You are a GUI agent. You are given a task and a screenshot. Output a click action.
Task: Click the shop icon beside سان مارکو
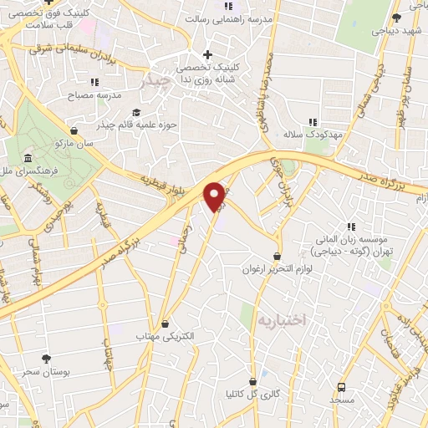pos(74,130)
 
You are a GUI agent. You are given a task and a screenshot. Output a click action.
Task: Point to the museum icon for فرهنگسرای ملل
pos(28,158)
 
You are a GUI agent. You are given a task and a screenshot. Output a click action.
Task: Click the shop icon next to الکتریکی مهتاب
pos(166,324)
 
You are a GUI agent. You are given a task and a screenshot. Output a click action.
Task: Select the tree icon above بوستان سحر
pos(46,357)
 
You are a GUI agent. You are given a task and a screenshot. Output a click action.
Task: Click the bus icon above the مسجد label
pos(341,387)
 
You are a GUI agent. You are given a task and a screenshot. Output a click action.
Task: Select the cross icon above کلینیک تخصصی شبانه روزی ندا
pos(206,55)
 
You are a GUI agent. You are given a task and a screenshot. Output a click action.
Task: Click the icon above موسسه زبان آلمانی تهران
pos(351,226)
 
